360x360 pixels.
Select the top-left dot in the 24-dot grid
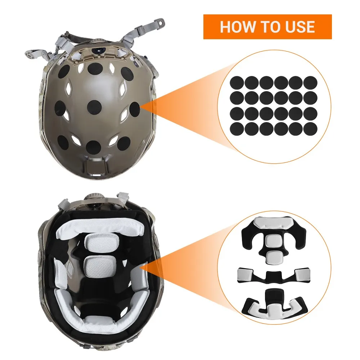click(237, 83)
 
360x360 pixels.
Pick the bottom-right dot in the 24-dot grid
click(310, 129)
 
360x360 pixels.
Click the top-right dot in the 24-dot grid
click(310, 83)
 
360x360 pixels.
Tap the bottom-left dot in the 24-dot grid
click(237, 129)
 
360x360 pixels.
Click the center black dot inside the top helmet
click(94, 107)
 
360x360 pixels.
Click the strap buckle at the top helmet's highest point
click(160, 23)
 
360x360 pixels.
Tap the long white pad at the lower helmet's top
click(100, 230)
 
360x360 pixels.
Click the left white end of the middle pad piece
click(246, 274)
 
